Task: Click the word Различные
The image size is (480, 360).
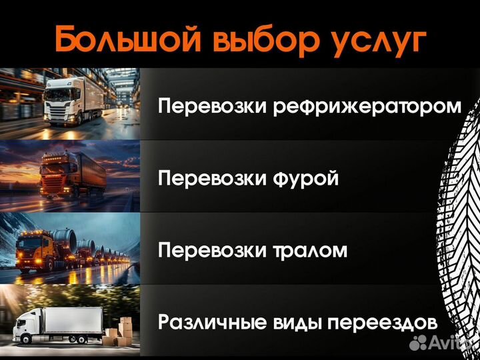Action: coord(214,323)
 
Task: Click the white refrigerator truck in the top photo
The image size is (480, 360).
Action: coord(70,100)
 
